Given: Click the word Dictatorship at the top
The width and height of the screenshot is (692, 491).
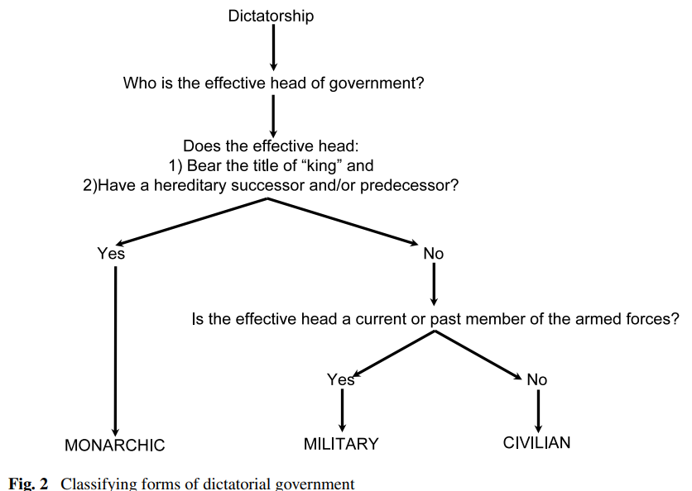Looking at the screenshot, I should [271, 16].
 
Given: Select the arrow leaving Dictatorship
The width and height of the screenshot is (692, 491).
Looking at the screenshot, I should [273, 50].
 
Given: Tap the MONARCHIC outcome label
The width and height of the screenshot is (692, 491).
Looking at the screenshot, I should [114, 446].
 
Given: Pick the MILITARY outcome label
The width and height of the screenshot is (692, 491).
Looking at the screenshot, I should [341, 444].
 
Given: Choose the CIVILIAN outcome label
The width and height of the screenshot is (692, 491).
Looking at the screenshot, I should [536, 443].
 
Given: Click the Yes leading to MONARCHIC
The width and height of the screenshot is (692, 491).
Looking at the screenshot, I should [111, 254].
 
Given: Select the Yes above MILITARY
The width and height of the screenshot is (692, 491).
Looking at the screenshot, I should [341, 379].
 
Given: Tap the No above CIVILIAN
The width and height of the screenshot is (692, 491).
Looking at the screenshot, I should [537, 379].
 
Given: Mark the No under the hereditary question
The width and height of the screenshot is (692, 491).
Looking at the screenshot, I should [434, 254].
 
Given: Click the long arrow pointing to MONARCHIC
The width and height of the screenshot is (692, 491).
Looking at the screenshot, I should [115, 347].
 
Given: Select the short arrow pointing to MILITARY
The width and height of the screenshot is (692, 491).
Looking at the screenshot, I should [342, 409].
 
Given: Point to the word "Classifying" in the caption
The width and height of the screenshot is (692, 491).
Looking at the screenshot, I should [95, 484].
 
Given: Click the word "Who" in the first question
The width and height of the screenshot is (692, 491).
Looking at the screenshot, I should [138, 83].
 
